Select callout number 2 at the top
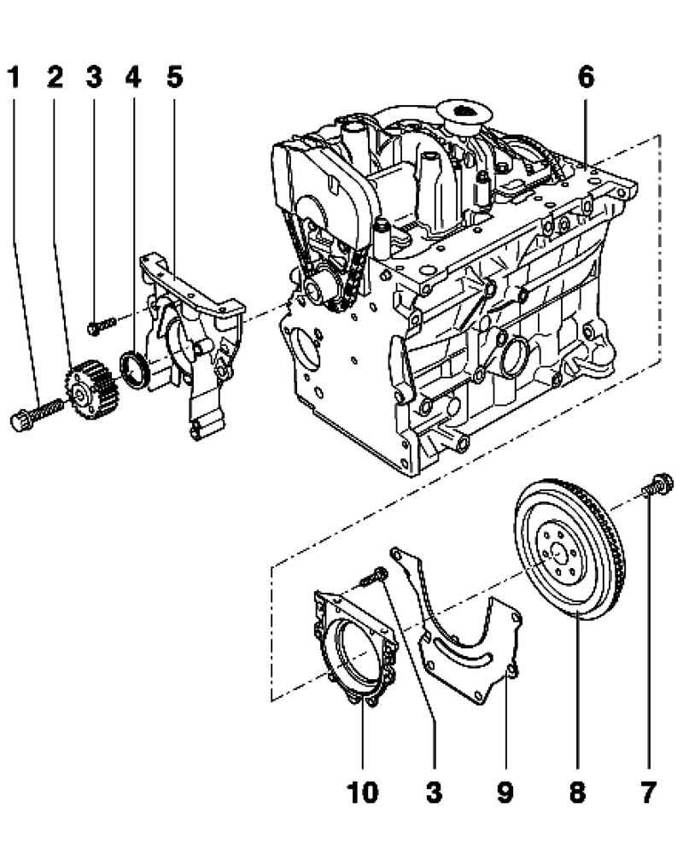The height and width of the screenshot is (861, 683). tap(55, 77)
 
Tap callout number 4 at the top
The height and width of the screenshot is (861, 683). tap(132, 77)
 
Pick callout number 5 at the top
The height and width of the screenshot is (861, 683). tap(174, 77)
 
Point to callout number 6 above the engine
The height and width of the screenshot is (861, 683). tap(586, 77)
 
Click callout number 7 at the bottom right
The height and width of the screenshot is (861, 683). tap(649, 794)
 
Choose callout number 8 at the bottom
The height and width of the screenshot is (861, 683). tap(577, 794)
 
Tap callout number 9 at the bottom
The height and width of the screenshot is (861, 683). tap(505, 794)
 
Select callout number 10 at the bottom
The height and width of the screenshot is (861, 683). tap(362, 794)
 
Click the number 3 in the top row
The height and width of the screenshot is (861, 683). tap(93, 77)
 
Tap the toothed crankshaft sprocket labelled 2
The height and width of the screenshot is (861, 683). tap(84, 389)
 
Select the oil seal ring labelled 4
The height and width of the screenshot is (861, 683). tap(136, 367)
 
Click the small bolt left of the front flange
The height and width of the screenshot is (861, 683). tap(101, 325)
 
